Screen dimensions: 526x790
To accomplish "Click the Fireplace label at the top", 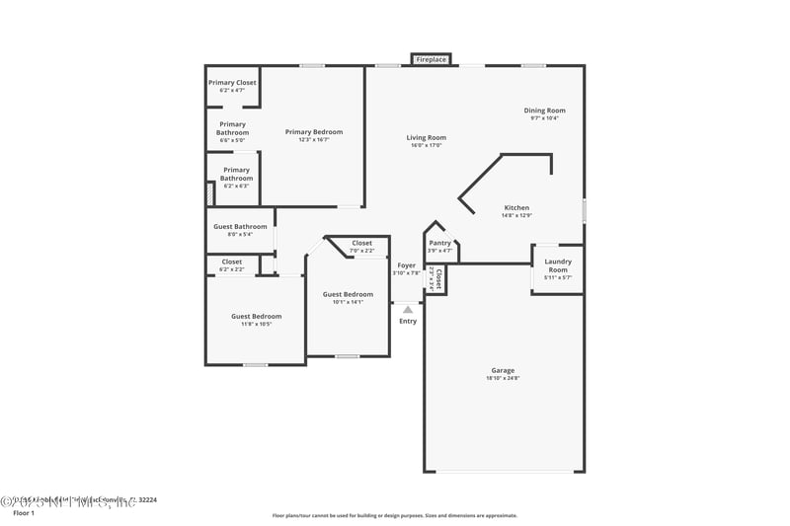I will [x=432, y=60].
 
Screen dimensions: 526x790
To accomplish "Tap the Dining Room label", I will [x=544, y=111].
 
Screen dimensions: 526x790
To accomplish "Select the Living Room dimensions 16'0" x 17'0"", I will [x=427, y=146].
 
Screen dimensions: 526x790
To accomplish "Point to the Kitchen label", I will [x=516, y=208].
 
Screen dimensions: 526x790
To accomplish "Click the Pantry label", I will [x=440, y=243].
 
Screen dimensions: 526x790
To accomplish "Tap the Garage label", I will [x=503, y=370].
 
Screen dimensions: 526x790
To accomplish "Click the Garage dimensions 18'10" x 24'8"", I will [x=503, y=378].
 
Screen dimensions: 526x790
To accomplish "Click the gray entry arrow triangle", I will [x=408, y=310].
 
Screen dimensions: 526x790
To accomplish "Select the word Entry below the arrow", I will [x=408, y=321].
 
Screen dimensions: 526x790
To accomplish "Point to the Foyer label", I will [x=407, y=265].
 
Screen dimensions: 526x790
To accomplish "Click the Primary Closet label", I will [x=232, y=83].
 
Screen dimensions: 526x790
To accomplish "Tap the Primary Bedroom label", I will [x=314, y=132].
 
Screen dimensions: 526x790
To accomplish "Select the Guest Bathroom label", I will [x=240, y=227].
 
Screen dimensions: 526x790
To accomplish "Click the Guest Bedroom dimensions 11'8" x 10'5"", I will [x=257, y=325].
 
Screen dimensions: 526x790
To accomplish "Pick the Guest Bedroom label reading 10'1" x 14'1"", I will [x=348, y=302].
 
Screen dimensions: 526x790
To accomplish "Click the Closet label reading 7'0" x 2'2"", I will [x=362, y=251].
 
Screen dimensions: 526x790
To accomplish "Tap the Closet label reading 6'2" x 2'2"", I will [x=232, y=269].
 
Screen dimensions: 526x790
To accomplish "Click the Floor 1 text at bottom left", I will [x=23, y=513].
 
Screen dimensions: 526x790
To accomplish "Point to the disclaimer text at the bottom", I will [x=394, y=515].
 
